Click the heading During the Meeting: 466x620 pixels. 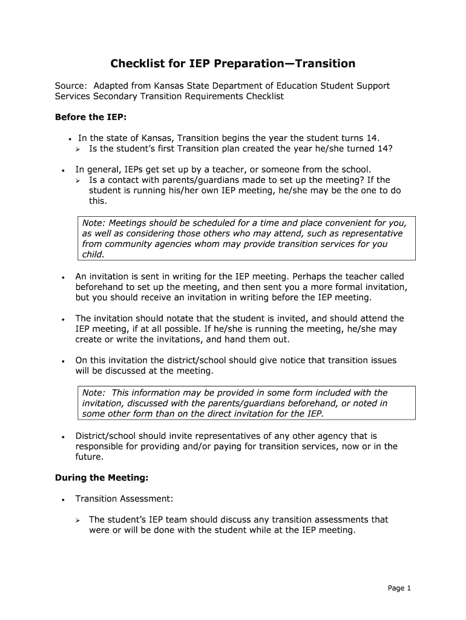(102, 478)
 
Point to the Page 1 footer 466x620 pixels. (400, 588)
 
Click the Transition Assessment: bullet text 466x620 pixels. (124, 498)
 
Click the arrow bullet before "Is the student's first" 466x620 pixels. (78, 150)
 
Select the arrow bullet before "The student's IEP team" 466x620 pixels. (78, 520)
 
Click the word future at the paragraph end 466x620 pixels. (89, 457)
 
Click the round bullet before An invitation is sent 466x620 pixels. (63, 277)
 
